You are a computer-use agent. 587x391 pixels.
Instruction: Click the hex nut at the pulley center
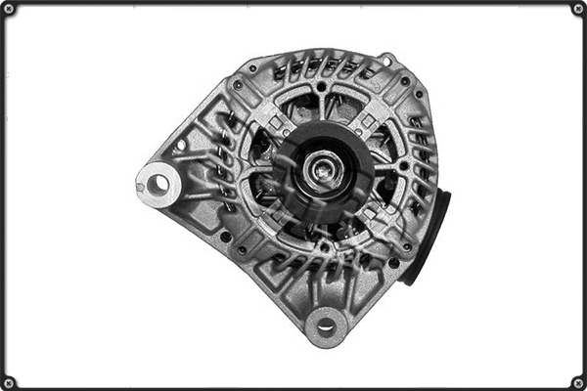click(320, 172)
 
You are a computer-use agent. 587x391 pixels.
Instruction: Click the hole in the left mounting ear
click(157, 182)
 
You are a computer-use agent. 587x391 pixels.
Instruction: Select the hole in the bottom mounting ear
click(326, 324)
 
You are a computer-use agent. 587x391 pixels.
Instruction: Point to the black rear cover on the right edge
click(431, 235)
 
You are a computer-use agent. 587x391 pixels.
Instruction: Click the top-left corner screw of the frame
click(9, 9)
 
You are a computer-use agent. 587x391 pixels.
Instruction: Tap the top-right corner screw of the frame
click(577, 9)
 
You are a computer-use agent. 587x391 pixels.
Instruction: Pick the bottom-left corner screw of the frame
click(9, 381)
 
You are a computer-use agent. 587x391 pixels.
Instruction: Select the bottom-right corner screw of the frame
click(577, 381)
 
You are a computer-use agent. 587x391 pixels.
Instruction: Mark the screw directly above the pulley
click(321, 87)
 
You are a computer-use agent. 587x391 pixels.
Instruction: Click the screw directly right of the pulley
click(404, 167)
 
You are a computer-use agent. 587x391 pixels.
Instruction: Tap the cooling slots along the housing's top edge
click(323, 66)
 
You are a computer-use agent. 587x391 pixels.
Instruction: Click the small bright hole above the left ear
click(180, 146)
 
